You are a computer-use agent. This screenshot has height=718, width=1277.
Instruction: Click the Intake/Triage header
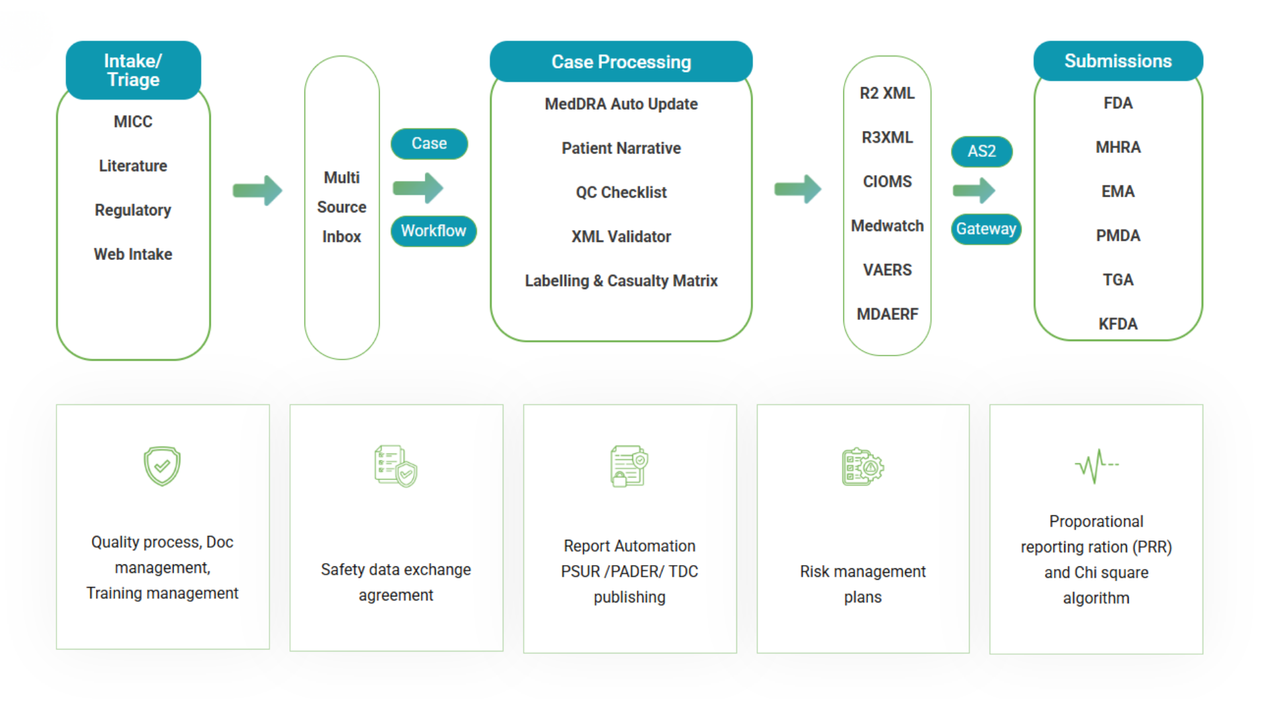pos(133,70)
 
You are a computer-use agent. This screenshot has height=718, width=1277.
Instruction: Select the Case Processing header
pos(621,62)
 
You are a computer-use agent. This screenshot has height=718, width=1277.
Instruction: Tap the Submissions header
pos(1117,61)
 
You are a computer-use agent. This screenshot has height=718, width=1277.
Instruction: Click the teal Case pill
pos(429,144)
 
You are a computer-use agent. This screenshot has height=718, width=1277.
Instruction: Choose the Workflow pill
pos(434,231)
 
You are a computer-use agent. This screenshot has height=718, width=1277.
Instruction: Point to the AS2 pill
pos(982,152)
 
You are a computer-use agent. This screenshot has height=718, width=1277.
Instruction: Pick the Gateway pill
pos(986,229)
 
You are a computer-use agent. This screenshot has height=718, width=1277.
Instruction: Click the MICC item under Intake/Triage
pos(133,122)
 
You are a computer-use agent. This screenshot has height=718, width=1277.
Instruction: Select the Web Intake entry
pos(133,254)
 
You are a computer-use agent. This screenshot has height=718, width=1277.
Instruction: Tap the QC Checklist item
pos(621,192)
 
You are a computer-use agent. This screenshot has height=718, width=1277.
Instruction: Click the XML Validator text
pos(621,237)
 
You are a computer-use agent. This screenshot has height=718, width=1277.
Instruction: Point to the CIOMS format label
pos(887,181)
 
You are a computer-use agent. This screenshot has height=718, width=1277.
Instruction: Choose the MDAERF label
pos(887,314)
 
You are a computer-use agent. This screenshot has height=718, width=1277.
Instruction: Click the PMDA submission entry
pos(1118,235)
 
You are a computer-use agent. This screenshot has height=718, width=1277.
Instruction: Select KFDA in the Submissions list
pos(1118,324)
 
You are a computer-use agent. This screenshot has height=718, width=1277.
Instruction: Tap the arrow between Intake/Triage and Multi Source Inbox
pos(257,191)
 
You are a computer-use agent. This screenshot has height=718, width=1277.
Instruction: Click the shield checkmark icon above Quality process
pos(162,466)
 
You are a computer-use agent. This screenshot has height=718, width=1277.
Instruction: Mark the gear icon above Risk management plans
pos(863,467)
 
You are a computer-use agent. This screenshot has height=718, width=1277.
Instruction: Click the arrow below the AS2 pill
pos(974,191)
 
